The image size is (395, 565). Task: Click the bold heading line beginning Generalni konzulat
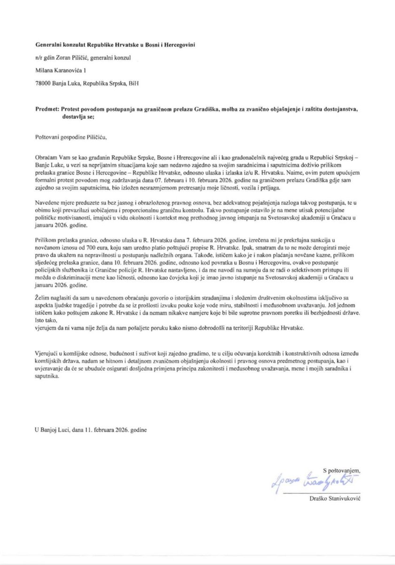(115, 45)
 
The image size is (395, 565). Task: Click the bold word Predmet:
(47, 108)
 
